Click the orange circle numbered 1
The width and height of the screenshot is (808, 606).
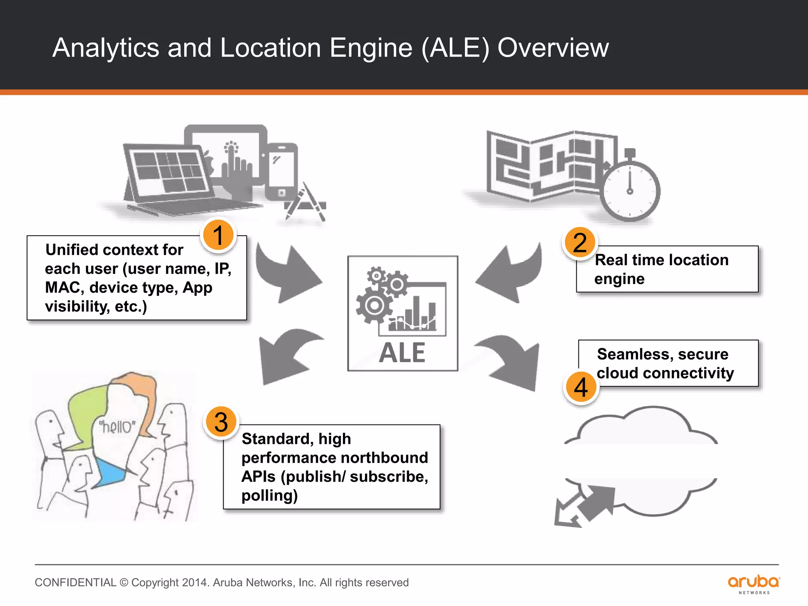(x=218, y=235)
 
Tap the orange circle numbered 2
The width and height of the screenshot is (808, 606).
(x=580, y=242)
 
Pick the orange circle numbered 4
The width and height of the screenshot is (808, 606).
(x=581, y=387)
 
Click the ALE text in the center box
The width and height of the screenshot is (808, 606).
(x=402, y=353)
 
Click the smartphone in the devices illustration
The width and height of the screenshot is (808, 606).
(x=281, y=172)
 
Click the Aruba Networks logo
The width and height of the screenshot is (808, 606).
(x=754, y=584)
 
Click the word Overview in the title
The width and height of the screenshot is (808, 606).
(x=553, y=48)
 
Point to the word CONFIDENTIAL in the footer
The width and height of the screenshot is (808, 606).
(x=75, y=582)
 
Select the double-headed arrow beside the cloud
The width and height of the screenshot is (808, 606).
(x=584, y=507)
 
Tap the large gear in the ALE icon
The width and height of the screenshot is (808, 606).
(x=374, y=305)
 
